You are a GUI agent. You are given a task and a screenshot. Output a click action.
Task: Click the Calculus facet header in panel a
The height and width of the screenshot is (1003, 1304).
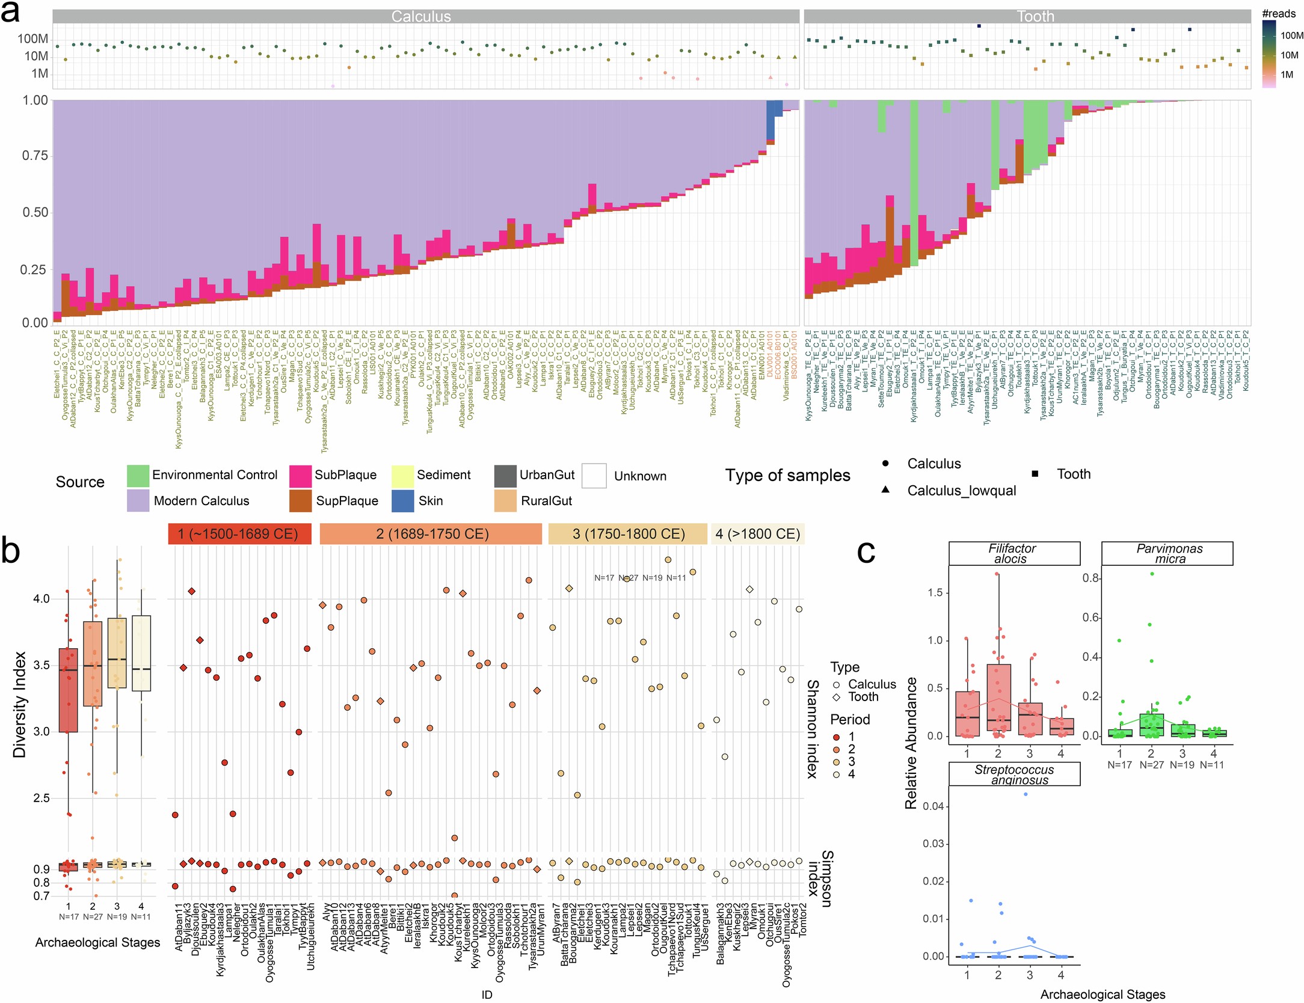421,16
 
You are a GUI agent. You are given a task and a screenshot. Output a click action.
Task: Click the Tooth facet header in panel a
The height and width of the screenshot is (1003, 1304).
1035,16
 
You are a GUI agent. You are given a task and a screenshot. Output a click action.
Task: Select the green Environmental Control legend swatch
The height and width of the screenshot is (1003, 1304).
138,475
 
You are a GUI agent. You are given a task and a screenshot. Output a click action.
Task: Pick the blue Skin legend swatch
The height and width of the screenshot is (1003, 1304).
402,501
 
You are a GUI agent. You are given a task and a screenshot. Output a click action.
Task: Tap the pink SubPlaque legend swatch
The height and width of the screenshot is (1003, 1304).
300,475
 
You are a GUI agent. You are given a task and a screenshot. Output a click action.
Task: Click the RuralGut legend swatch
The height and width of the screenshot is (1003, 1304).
505,501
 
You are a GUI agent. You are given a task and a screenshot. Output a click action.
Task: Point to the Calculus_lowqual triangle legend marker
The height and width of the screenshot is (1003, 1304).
885,489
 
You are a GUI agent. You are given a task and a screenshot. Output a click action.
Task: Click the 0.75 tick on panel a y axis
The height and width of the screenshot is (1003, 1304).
35,156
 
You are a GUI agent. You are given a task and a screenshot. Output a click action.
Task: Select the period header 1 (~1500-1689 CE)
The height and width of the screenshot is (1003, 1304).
239,534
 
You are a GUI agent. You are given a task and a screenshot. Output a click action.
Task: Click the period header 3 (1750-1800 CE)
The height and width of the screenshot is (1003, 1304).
628,534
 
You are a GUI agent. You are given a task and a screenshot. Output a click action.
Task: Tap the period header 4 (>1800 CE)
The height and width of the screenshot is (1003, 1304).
758,534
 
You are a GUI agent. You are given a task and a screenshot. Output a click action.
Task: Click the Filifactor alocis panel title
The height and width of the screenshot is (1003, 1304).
1013,553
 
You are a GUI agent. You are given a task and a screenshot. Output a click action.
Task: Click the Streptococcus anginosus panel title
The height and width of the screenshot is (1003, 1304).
1013,774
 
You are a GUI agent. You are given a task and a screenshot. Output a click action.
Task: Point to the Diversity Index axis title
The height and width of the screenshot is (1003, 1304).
20,704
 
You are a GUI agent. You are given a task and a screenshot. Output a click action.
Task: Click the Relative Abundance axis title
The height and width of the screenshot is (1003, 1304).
911,743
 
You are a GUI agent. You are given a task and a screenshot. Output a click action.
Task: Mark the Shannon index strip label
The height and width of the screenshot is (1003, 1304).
812,729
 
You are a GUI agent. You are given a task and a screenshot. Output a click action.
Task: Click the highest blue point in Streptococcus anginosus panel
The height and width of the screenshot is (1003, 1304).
1026,794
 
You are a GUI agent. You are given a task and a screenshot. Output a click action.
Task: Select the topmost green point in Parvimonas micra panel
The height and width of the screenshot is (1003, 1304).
1151,574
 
